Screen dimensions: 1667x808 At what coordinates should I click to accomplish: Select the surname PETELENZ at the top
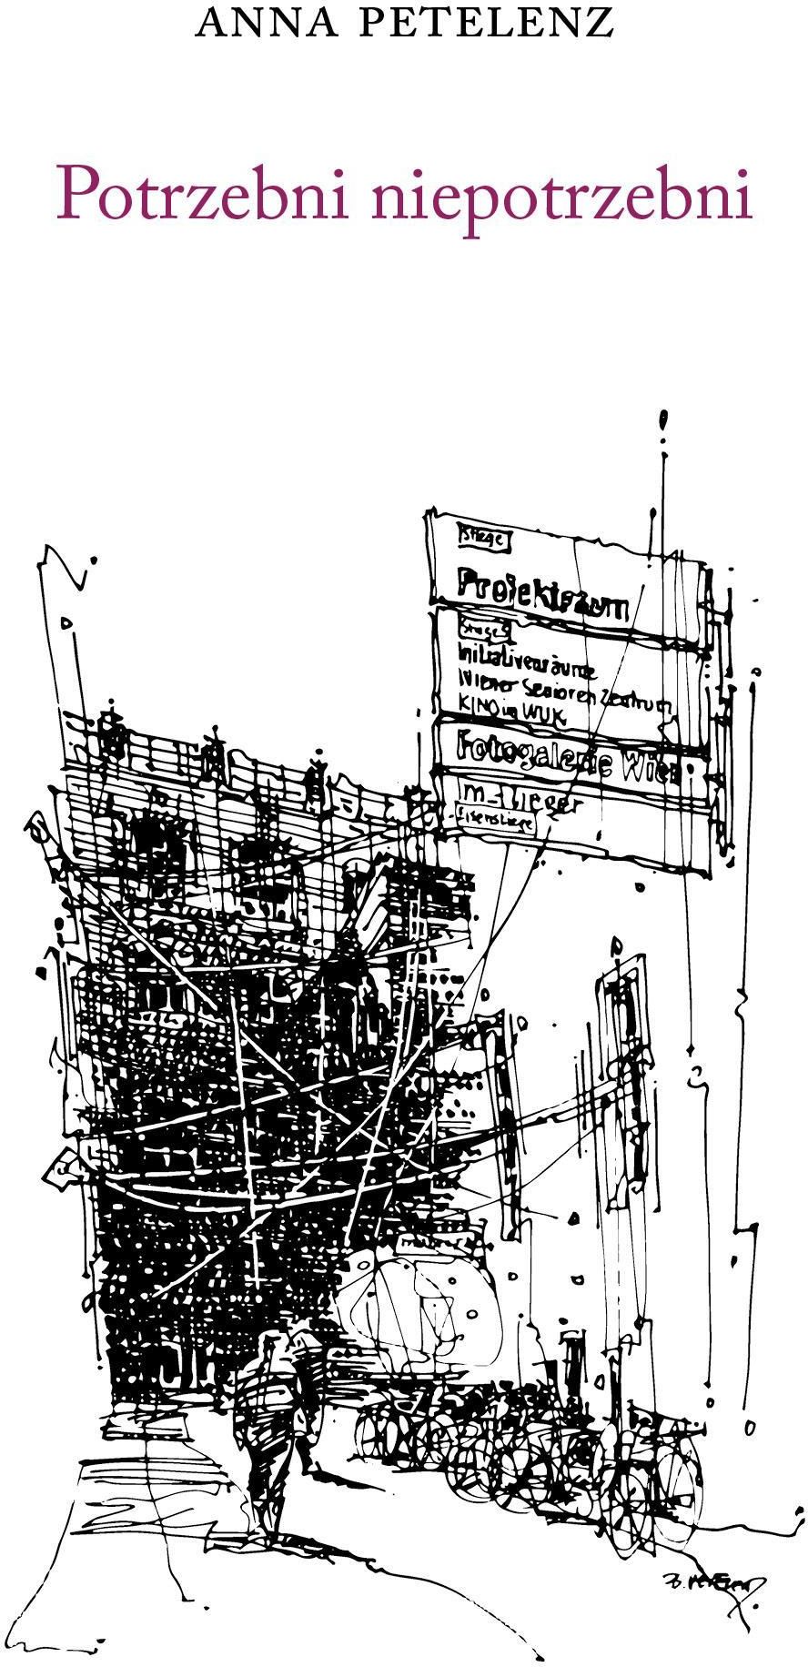click(x=485, y=23)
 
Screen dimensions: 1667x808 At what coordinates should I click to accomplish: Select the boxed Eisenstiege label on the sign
click(x=496, y=821)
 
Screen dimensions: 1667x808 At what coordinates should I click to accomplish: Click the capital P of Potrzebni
click(x=76, y=193)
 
